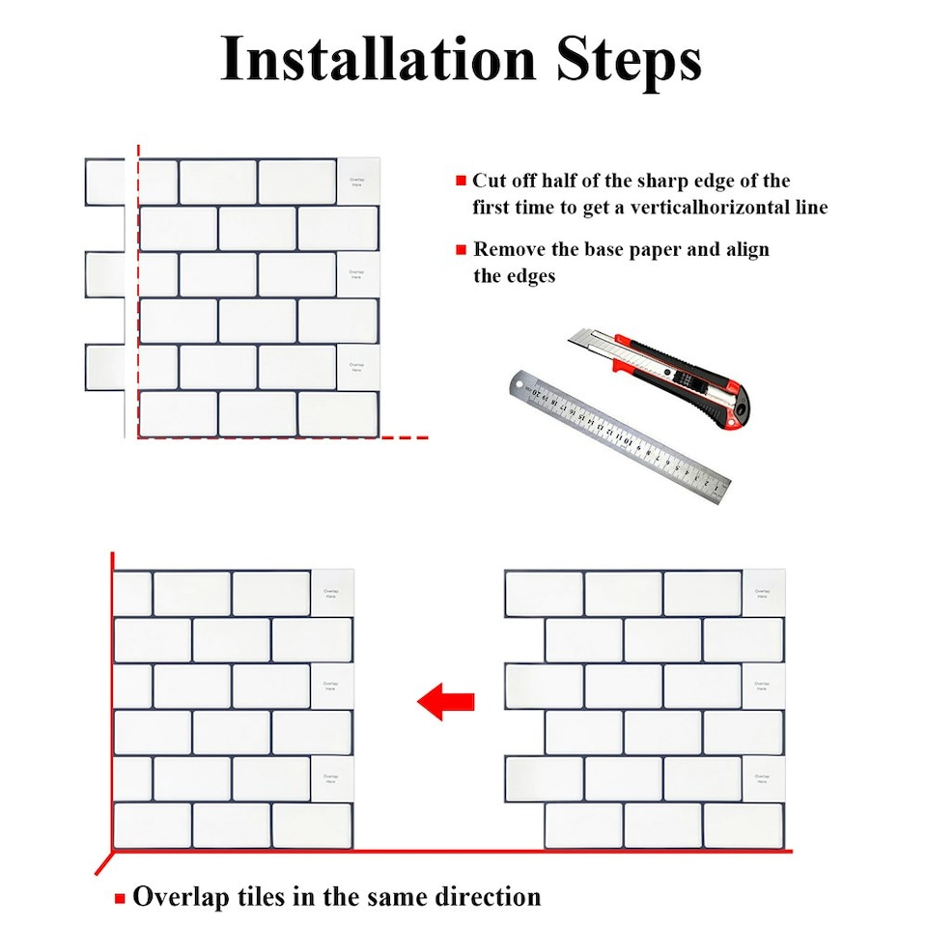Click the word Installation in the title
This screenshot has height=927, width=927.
pyautogui.click(x=377, y=60)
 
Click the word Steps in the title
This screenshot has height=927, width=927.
pyautogui.click(x=628, y=60)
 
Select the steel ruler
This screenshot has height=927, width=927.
pyautogui.click(x=618, y=439)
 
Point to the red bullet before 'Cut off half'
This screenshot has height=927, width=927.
pyautogui.click(x=461, y=182)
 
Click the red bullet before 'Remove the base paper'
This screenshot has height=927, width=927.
pyautogui.click(x=461, y=250)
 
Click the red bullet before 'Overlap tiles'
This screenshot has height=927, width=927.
pyautogui.click(x=120, y=899)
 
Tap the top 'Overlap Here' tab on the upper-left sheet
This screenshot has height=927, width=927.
pyautogui.click(x=356, y=182)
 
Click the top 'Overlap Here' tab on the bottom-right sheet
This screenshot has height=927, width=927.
pyautogui.click(x=762, y=593)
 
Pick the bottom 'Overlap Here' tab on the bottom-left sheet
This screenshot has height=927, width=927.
pyautogui.click(x=331, y=778)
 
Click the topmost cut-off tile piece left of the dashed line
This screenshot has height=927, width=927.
pyautogui.click(x=104, y=182)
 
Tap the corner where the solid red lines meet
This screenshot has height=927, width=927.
pyautogui.click(x=113, y=852)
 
